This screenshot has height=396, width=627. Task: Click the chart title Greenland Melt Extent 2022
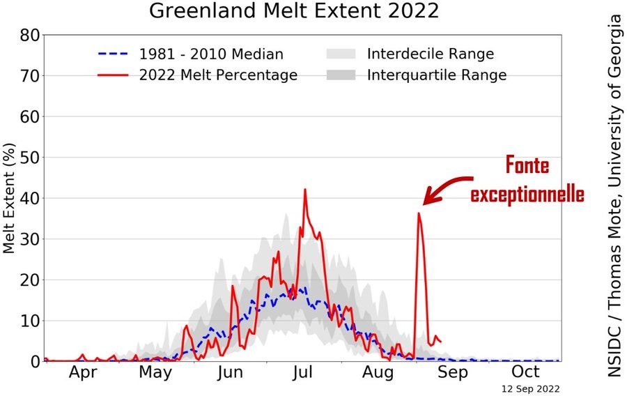click(295, 12)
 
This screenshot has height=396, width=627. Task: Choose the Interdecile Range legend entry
click(431, 54)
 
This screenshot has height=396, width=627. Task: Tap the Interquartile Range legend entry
click(437, 75)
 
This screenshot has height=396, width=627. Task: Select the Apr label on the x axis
click(83, 372)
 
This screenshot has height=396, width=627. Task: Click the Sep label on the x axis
click(452, 372)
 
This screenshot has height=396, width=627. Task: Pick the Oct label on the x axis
click(526, 372)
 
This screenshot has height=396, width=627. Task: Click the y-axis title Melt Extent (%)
click(10, 198)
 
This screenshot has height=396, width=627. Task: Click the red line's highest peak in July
click(305, 190)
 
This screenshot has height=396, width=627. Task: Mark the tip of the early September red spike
click(419, 213)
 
